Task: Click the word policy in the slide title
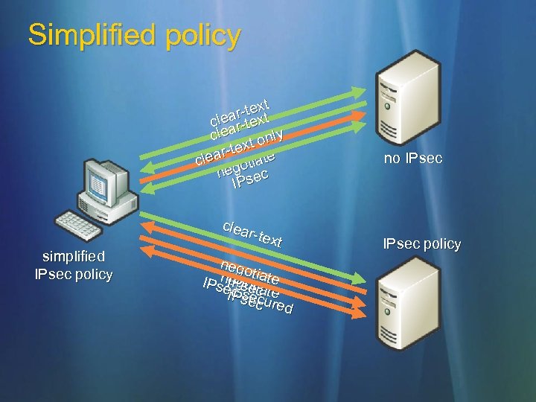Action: coord(203,35)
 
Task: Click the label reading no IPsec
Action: coord(413,158)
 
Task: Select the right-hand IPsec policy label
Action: coord(421,243)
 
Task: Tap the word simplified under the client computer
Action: coord(74,257)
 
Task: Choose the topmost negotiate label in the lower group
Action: coord(250,269)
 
